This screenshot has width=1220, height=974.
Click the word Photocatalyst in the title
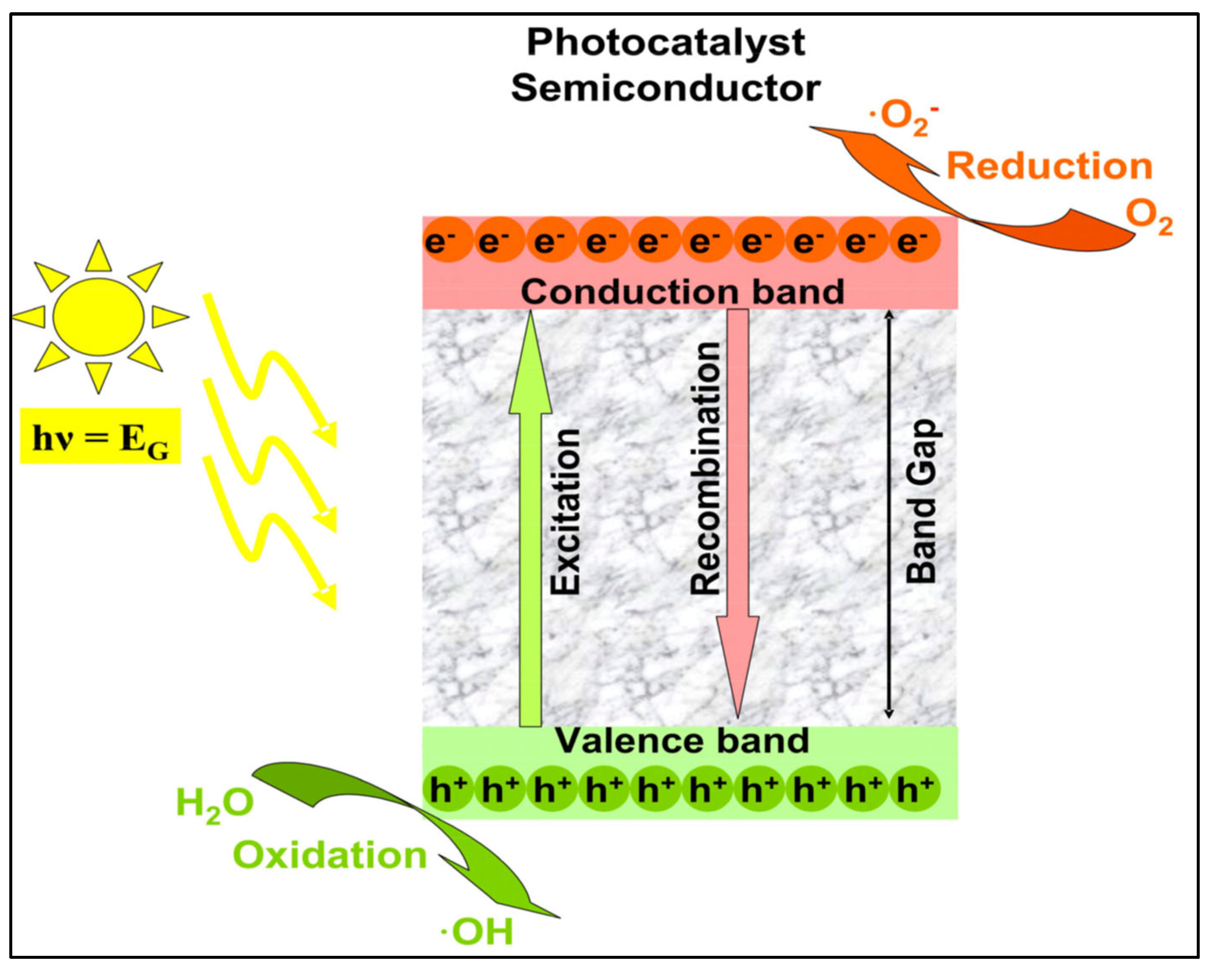pos(666,43)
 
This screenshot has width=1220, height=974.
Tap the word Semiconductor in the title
pos(666,89)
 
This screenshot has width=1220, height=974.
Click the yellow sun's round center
pos(99,317)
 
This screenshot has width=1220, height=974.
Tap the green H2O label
pos(214,804)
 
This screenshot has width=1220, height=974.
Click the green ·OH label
pos(477,932)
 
